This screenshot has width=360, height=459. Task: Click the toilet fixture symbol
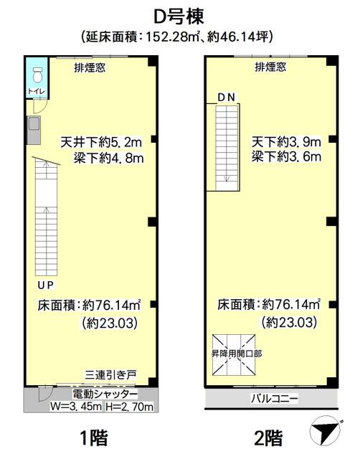click(37, 75)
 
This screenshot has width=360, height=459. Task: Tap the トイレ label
click(37, 91)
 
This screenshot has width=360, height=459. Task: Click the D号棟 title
click(179, 16)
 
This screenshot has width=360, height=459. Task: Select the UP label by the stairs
click(46, 285)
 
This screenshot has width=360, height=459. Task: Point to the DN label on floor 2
click(226, 98)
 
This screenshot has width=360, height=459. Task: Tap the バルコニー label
click(274, 398)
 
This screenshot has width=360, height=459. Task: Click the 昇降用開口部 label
click(237, 354)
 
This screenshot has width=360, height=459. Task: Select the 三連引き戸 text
click(111, 375)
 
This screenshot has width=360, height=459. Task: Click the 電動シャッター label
click(105, 394)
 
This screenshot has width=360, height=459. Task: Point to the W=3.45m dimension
click(76, 407)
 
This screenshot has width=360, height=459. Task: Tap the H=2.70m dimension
click(129, 407)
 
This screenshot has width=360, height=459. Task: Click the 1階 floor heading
click(94, 437)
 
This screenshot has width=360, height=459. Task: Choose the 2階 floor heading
click(268, 438)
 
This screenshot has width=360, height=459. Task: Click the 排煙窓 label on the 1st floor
click(90, 67)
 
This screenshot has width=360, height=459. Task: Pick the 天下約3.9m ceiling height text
click(286, 142)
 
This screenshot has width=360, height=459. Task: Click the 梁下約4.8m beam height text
click(108, 158)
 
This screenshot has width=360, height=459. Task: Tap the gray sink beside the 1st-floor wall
click(34, 130)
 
